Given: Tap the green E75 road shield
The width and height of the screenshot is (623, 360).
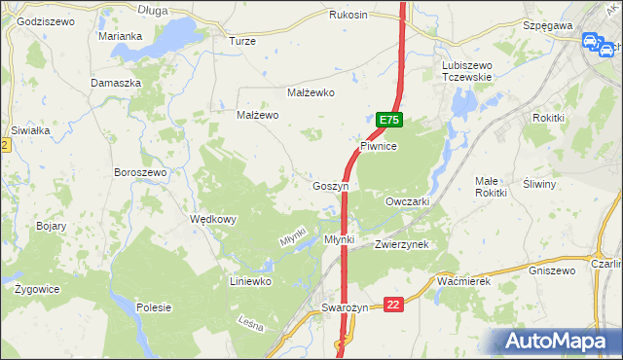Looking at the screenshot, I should point(389,120).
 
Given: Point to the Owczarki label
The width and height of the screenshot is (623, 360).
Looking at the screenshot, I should point(408,201).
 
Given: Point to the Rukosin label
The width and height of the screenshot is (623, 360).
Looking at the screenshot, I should point(348,16).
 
